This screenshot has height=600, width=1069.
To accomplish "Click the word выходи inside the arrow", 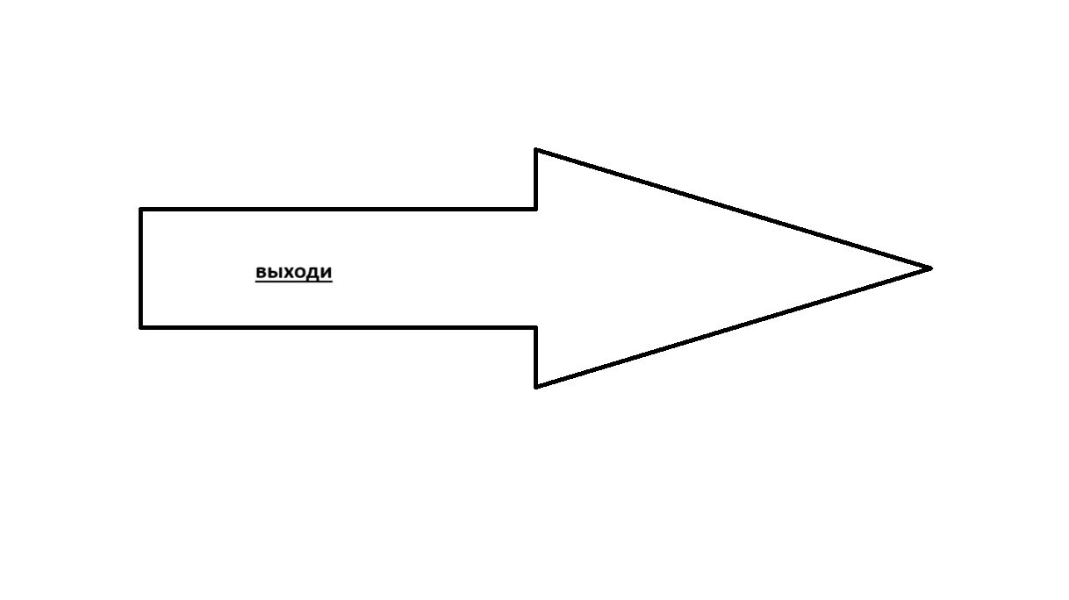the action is (x=293, y=272).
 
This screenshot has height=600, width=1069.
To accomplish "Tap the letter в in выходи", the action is (x=262, y=272).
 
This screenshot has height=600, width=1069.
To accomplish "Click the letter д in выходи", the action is (x=312, y=274).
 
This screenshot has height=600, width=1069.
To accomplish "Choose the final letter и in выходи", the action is (x=326, y=272).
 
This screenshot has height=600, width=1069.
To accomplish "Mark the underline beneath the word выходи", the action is (x=293, y=282).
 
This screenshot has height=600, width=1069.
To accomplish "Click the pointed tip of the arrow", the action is (x=931, y=268).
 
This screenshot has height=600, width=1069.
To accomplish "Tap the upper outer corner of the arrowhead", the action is (x=536, y=150).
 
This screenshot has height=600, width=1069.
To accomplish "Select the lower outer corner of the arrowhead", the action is (x=536, y=387).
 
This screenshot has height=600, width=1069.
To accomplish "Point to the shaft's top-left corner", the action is (x=140, y=209).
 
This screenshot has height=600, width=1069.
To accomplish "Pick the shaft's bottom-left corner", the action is (x=140, y=328).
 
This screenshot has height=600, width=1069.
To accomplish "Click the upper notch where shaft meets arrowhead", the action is (x=536, y=209).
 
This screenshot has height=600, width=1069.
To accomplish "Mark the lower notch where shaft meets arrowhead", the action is (x=536, y=328).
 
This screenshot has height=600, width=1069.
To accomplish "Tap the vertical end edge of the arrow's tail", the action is (x=140, y=268).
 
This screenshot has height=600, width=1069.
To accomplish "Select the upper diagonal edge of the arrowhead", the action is (x=734, y=209).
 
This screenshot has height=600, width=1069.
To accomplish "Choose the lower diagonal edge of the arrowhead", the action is (x=734, y=328).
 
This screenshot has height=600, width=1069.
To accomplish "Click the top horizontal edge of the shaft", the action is (x=339, y=209).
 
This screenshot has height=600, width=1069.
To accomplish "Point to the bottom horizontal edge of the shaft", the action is (x=339, y=328).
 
